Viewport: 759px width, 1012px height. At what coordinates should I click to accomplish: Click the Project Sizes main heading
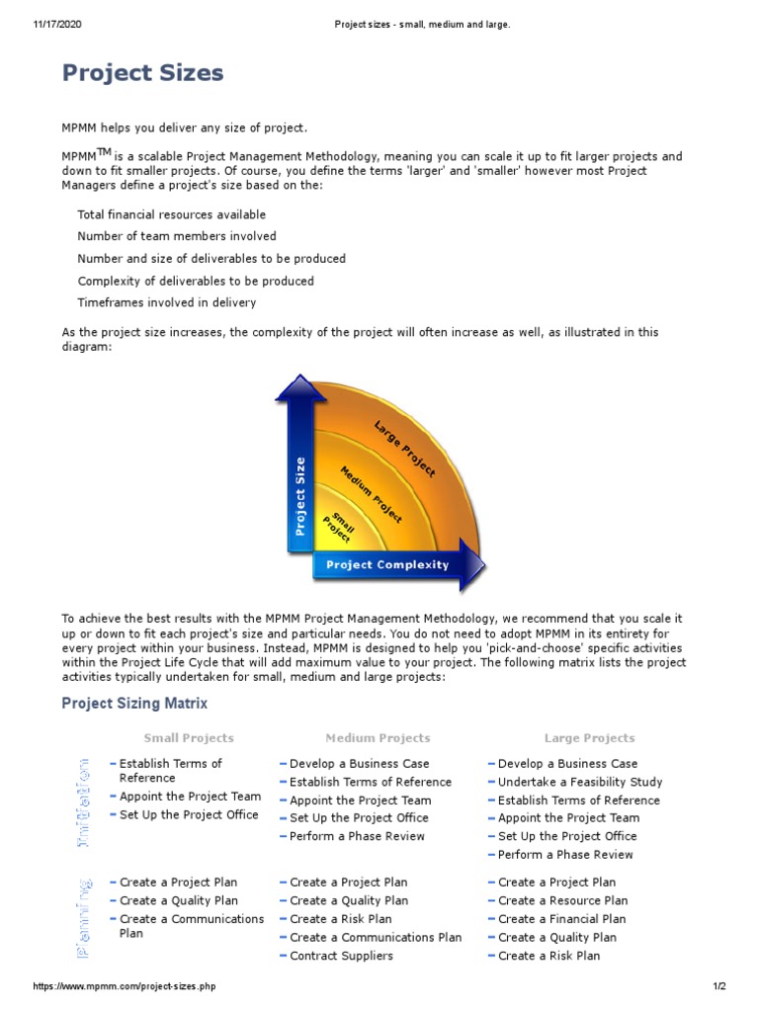tap(142, 72)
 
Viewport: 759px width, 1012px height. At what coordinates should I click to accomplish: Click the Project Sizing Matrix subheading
tap(134, 704)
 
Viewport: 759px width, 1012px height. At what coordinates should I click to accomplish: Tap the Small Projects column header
tap(189, 738)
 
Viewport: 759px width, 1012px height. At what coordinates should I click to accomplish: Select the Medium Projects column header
tap(378, 738)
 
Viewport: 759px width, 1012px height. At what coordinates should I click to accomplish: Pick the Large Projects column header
tap(589, 738)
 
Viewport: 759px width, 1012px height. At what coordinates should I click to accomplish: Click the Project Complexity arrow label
tap(387, 565)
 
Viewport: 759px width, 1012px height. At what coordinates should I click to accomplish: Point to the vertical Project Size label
tap(300, 495)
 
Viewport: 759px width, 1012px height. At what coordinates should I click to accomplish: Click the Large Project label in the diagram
tap(404, 449)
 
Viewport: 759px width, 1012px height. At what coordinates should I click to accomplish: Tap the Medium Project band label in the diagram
tap(372, 493)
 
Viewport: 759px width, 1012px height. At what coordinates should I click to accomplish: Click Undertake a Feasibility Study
tap(580, 782)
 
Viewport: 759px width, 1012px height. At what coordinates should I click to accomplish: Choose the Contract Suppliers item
tap(341, 956)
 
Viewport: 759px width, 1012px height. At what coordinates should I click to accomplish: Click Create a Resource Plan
tap(562, 900)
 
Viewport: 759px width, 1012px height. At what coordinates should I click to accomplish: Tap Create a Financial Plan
tap(561, 919)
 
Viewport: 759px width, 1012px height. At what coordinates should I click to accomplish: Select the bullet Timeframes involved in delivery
tap(166, 302)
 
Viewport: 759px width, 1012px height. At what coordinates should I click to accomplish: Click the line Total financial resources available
tap(171, 214)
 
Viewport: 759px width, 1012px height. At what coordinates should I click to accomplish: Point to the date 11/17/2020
tap(57, 25)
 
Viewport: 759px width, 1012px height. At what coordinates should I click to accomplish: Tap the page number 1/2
tap(718, 986)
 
